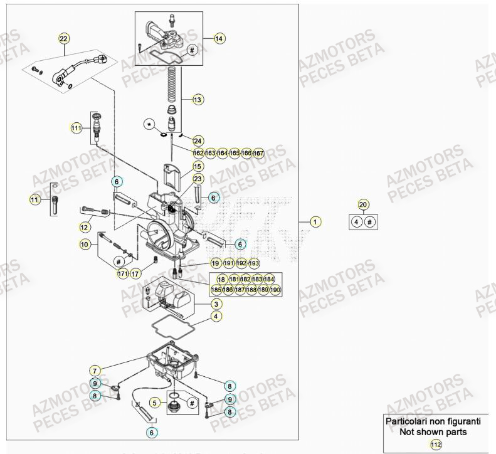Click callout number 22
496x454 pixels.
pos(63,38)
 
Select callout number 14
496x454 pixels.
pos(219,38)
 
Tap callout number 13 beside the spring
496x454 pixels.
pos(198,99)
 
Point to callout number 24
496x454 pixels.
pos(198,140)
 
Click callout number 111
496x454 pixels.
pos(76,128)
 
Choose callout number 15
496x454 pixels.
pos(198,166)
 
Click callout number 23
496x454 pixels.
pos(198,179)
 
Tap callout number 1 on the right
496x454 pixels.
pos(316,221)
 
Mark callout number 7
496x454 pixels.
pos(95,371)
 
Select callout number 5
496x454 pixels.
pos(154,402)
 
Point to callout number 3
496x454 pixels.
pos(216,304)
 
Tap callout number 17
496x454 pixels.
pos(135,273)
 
